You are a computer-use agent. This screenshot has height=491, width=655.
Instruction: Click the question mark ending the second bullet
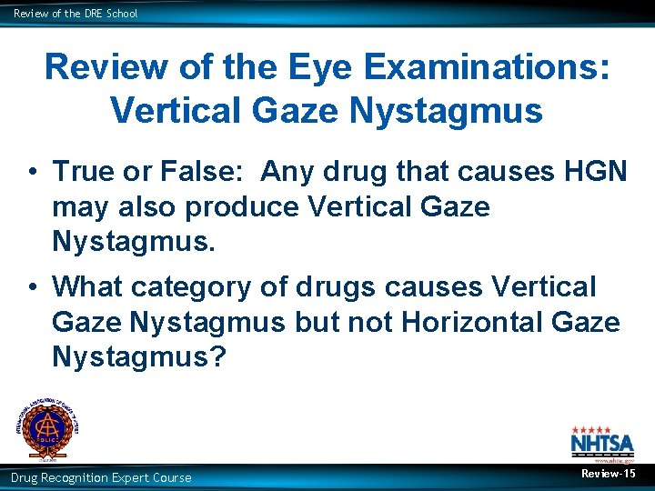[x=217, y=357]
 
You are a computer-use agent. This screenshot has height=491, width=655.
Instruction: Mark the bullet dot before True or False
[x=32, y=172]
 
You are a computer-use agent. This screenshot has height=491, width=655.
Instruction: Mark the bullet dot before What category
[x=32, y=287]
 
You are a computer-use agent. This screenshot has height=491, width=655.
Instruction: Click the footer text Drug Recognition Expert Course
[x=101, y=477]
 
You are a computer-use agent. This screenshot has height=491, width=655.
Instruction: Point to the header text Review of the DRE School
[x=76, y=14]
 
